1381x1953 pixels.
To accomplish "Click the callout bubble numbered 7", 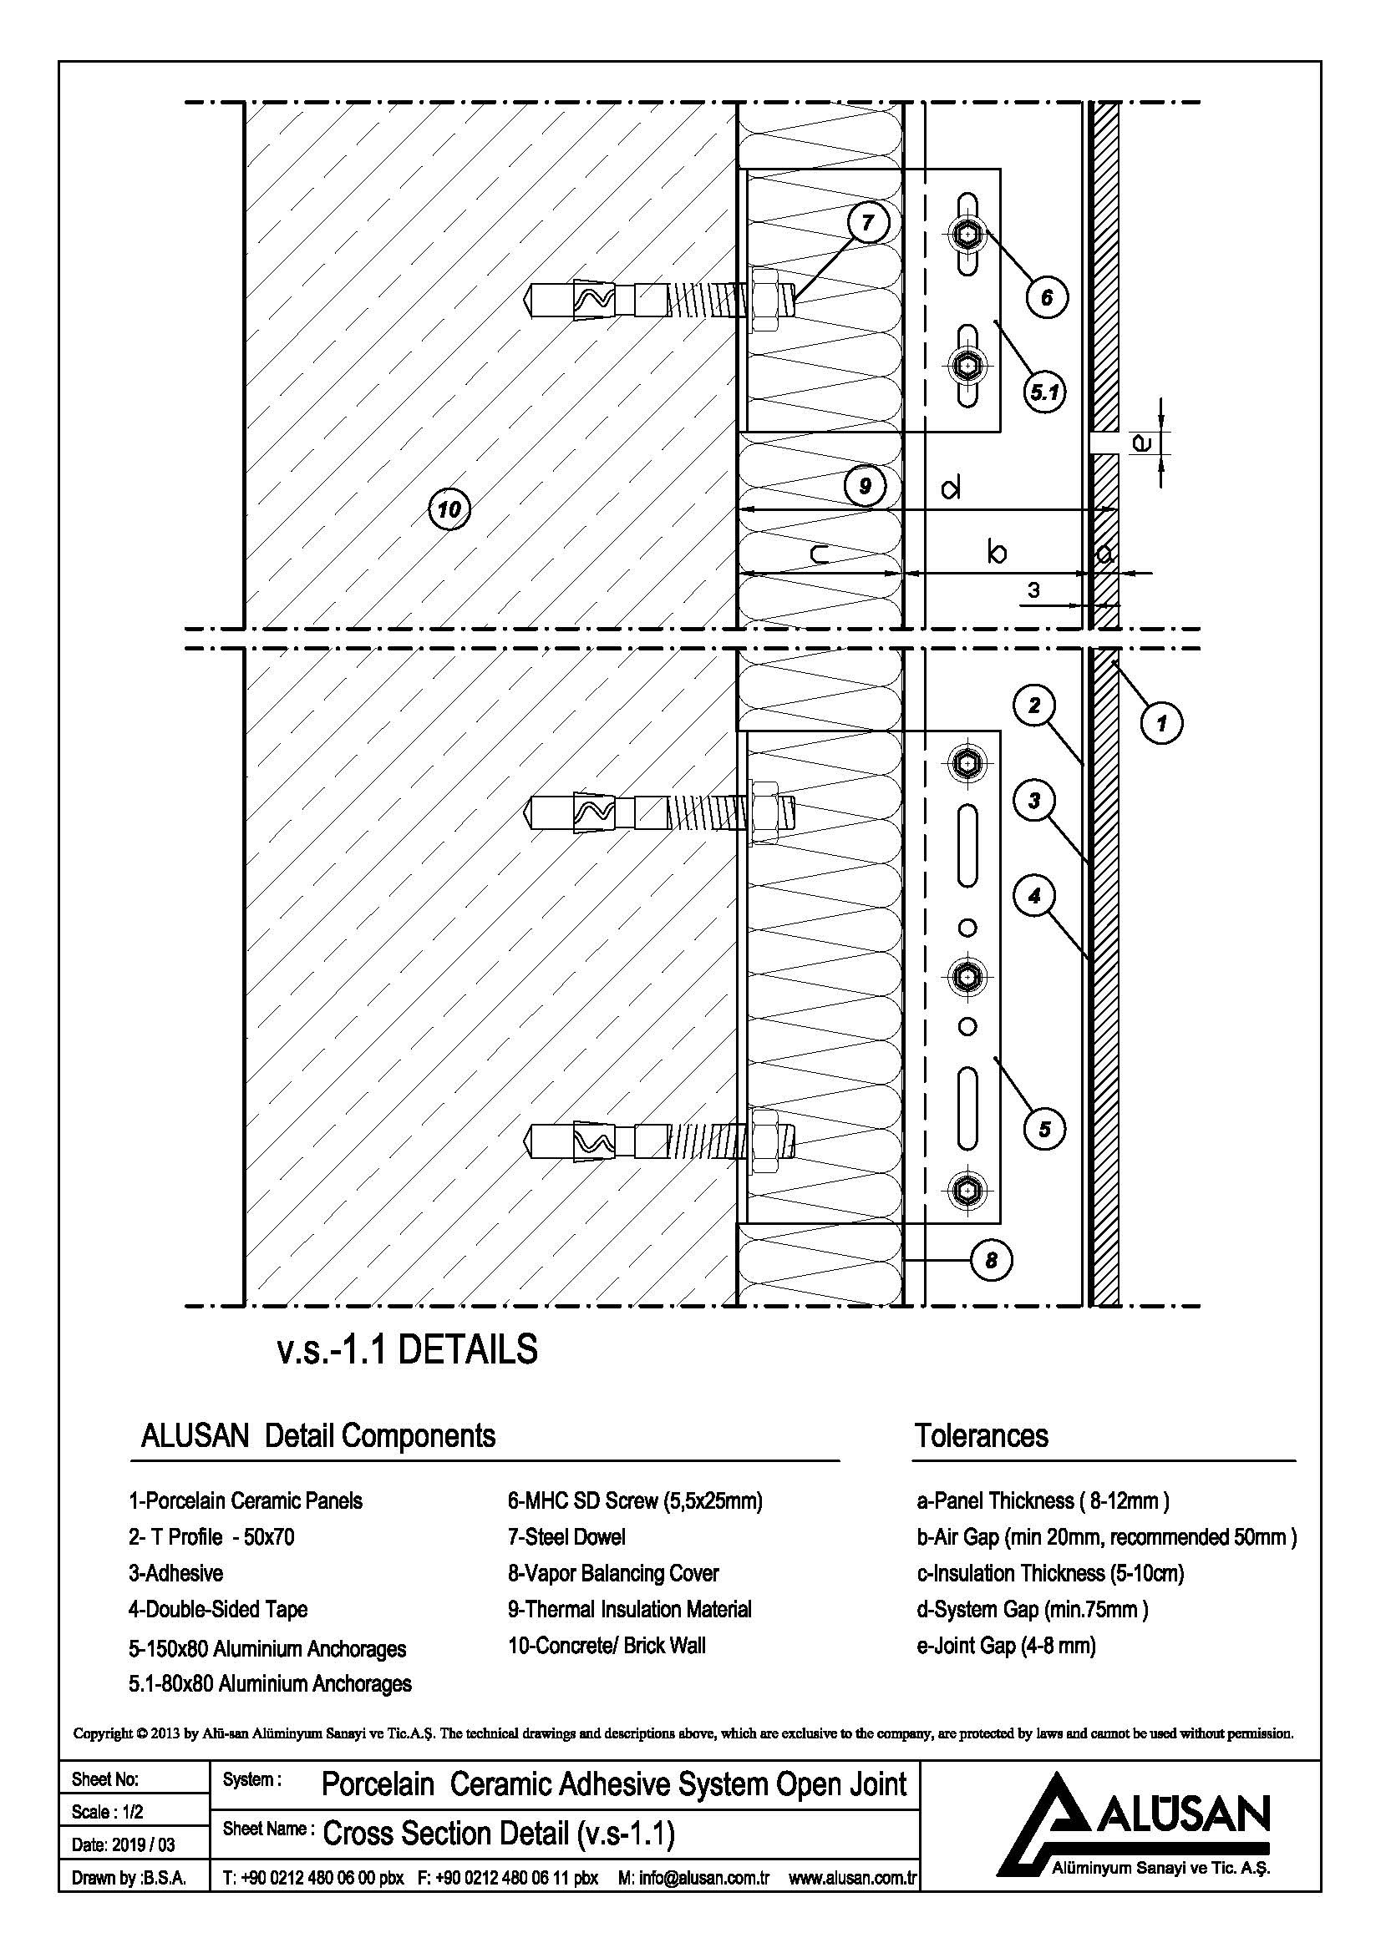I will [x=868, y=223].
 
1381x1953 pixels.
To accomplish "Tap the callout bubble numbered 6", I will [x=1046, y=297].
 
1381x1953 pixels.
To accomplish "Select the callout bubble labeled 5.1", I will [x=1044, y=392].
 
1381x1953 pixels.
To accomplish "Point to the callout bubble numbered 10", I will [x=449, y=509].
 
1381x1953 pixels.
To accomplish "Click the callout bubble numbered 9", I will [x=865, y=487].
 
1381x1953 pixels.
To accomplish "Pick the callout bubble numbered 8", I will [x=992, y=1259].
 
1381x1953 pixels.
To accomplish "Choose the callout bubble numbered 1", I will [x=1161, y=724].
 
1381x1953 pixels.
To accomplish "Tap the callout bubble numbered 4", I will [x=1033, y=896].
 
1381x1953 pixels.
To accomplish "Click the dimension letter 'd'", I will [x=952, y=488].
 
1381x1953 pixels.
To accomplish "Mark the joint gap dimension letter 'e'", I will [x=1143, y=443].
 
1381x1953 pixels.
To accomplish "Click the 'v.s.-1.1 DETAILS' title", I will [x=408, y=1350].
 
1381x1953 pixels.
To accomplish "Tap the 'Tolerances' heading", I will [x=981, y=1436].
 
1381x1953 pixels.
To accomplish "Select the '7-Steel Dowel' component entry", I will [x=566, y=1537].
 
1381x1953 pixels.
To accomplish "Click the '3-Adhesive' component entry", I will [x=175, y=1573].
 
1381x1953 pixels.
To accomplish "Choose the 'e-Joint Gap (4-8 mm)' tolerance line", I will [x=1006, y=1645].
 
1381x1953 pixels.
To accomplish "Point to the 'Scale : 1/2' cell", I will [x=107, y=1812].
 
